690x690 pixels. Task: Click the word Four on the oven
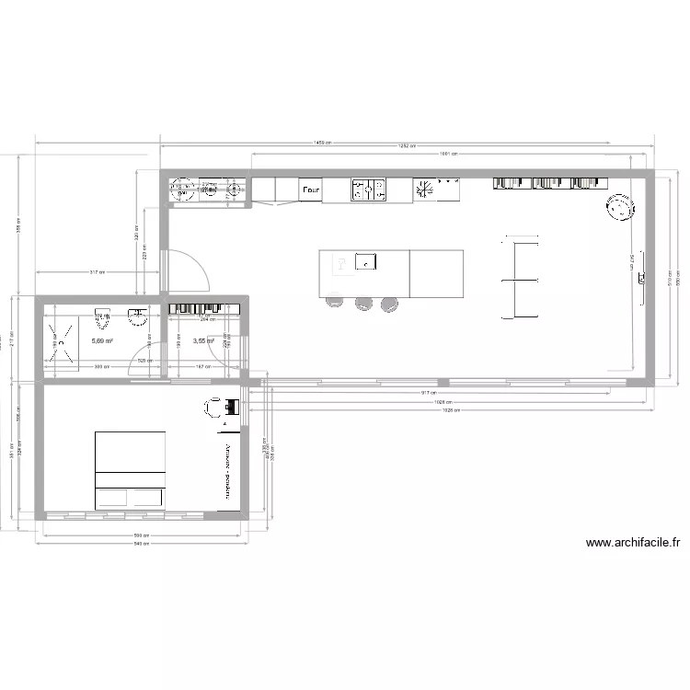click(310, 190)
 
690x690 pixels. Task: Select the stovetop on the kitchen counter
click(367, 190)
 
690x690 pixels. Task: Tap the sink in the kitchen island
click(365, 262)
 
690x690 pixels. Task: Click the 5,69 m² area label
click(101, 340)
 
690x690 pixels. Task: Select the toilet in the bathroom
click(103, 320)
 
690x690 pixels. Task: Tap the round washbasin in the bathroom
click(138, 317)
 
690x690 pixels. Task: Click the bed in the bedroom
click(131, 469)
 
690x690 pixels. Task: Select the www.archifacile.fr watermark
click(632, 543)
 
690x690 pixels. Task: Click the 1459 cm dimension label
click(322, 143)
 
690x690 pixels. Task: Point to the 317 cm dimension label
click(97, 272)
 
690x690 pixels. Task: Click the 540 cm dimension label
click(140, 545)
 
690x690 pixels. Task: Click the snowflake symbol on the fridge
click(425, 189)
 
